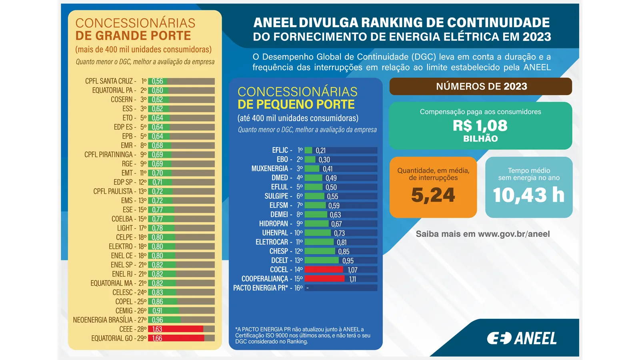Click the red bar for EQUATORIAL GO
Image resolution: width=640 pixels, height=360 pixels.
point(176,338)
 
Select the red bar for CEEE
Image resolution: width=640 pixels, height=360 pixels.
point(176,329)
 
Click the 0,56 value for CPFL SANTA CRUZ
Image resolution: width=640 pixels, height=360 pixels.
point(157,81)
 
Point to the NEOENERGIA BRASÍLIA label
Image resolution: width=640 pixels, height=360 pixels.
point(103,320)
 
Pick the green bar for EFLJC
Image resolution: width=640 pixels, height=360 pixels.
point(308,150)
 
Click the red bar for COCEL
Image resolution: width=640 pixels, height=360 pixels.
point(324,270)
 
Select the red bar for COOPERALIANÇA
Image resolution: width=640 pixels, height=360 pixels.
point(324,279)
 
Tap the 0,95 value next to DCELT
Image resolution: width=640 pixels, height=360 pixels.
point(348,261)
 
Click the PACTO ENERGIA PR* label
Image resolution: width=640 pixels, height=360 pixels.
point(260,288)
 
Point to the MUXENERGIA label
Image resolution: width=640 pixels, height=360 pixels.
point(270,169)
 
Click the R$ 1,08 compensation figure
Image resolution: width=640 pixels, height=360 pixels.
point(480,126)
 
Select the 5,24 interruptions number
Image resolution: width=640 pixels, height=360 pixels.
point(433,195)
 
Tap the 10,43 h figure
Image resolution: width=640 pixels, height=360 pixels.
point(528,195)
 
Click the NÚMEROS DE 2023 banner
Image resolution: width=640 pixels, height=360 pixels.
point(481,86)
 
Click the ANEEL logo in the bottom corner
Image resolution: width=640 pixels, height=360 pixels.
point(522,338)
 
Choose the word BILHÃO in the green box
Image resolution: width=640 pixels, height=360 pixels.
point(480,139)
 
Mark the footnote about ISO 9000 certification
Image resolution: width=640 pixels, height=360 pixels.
point(303,335)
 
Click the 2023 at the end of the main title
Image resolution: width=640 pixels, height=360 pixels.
point(536,37)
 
